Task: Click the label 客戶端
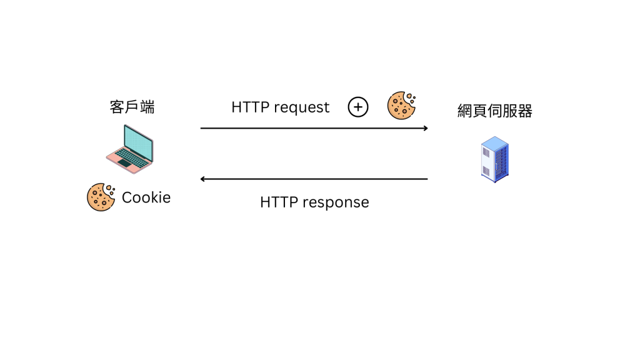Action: (x=132, y=107)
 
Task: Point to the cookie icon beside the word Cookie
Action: (x=100, y=197)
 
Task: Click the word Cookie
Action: (x=146, y=197)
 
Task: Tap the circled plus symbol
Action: (x=358, y=107)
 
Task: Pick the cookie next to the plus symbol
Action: (x=401, y=106)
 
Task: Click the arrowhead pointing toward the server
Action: (x=425, y=128)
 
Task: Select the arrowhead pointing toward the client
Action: (x=202, y=179)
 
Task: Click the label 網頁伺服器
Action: (x=494, y=111)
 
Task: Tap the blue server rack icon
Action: (x=494, y=159)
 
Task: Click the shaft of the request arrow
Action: (x=312, y=128)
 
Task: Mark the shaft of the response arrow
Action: (x=312, y=179)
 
